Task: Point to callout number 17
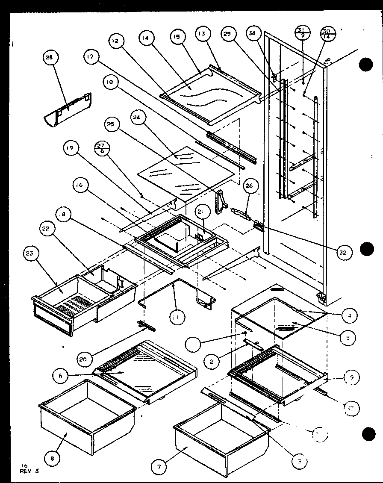pyautogui.click(x=92, y=58)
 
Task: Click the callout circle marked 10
pyautogui.click(x=111, y=82)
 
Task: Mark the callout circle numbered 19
pyautogui.click(x=71, y=149)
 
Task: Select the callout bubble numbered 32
pyautogui.click(x=343, y=253)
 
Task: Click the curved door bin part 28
pyautogui.click(x=68, y=109)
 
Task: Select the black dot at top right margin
pyautogui.click(x=366, y=65)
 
